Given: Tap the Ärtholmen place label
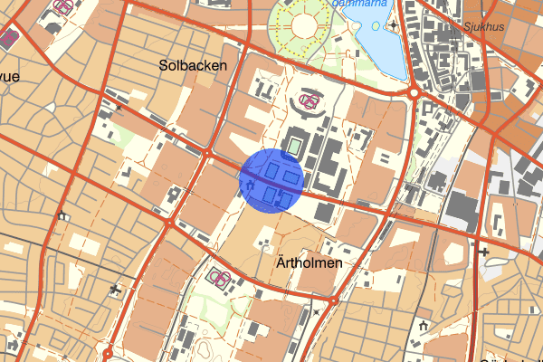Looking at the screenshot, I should click(x=304, y=263).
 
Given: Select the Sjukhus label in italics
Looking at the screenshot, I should click(x=481, y=26).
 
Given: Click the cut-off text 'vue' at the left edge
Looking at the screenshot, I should click(x=9, y=76).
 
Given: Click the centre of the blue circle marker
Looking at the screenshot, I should click(x=270, y=179).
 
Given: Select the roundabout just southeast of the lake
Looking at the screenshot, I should click(x=414, y=92).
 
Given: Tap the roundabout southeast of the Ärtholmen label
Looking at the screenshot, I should click(x=333, y=300).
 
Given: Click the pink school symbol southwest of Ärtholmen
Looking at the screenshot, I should click(x=217, y=274).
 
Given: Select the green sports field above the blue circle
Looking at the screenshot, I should click(x=294, y=143).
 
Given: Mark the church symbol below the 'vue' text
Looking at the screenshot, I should click(x=62, y=215).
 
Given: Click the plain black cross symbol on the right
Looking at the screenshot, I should click(x=485, y=251).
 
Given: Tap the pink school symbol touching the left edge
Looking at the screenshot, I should click(x=9, y=38).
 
